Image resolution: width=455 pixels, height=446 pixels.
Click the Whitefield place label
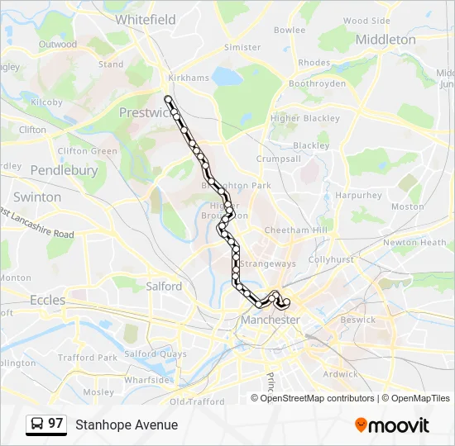[146, 19]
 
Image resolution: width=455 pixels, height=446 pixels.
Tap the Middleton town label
[385, 40]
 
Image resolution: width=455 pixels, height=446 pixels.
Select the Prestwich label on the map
[144, 112]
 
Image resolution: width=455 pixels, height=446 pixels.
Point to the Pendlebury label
[64, 170]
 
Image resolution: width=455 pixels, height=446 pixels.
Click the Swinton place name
[37, 197]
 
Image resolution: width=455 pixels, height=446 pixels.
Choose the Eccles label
[47, 300]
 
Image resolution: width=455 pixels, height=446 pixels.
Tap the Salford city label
[164, 286]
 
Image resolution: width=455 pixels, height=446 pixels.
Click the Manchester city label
[270, 319]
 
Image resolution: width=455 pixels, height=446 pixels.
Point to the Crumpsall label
[278, 159]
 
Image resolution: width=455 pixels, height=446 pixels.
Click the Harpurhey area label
[358, 196]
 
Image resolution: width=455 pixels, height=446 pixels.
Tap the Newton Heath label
[414, 243]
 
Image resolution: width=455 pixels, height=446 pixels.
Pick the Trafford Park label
[88, 358]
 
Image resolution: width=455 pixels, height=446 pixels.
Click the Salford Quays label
[156, 353]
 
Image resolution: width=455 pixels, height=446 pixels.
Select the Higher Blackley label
[305, 118]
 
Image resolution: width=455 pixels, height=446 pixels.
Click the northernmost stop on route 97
[169, 99]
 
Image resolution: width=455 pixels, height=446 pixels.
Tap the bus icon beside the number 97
[37, 424]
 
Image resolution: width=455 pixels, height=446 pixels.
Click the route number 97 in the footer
[55, 424]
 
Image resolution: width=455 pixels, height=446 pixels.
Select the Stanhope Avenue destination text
[127, 425]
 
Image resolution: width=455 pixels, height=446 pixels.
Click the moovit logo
[392, 425]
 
